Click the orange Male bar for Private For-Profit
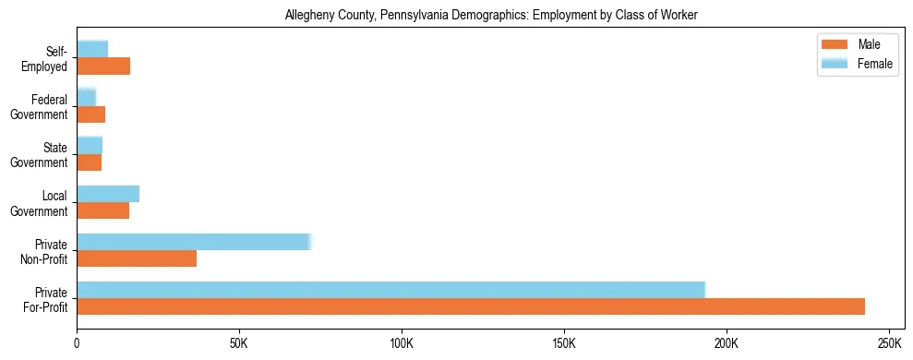tap(471, 306)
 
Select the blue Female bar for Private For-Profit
tap(390, 289)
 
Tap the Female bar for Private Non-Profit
tap(194, 242)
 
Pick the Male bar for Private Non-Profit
tap(137, 258)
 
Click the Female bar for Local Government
tap(108, 194)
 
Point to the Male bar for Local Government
tap(103, 210)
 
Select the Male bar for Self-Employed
tap(103, 66)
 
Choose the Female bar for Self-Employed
tap(92, 49)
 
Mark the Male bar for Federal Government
tap(91, 114)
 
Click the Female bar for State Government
tap(90, 145)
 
